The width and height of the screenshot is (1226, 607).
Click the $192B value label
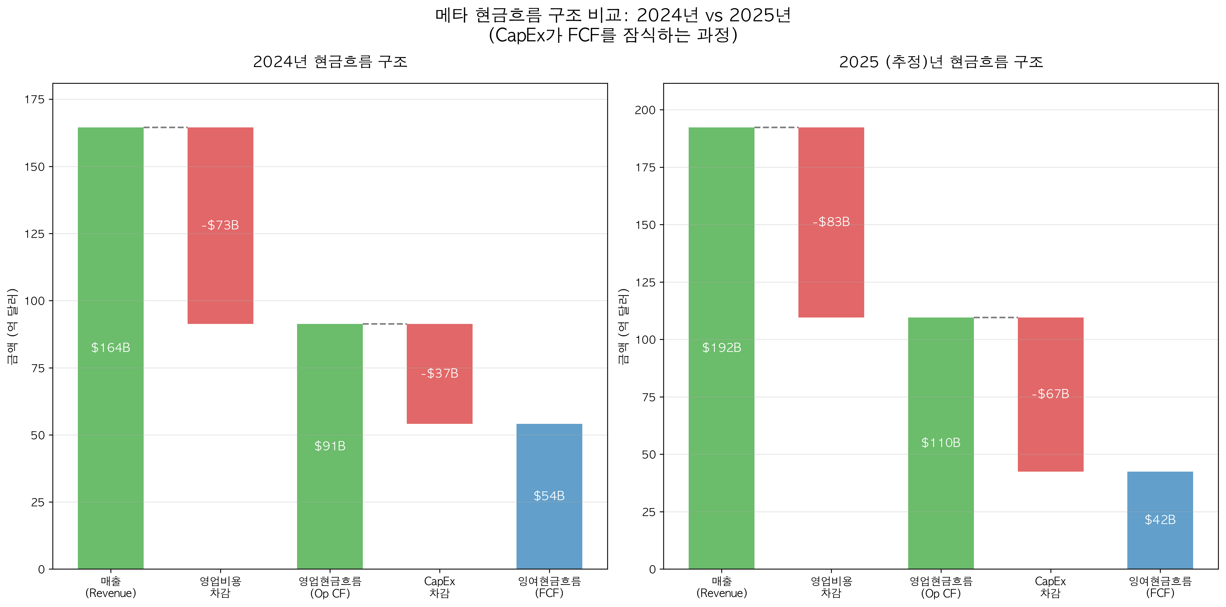coord(722,348)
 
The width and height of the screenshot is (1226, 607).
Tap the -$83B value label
coord(831,222)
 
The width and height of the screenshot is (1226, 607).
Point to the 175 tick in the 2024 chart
coord(34,99)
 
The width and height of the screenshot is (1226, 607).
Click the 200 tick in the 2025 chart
coord(645,110)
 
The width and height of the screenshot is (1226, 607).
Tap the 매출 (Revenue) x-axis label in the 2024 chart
coord(110,587)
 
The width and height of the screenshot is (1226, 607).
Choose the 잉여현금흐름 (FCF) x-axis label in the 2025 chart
coord(1160,587)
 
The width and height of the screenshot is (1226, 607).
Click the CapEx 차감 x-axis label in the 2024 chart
coord(439,587)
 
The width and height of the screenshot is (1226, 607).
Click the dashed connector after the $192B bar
coord(776,127)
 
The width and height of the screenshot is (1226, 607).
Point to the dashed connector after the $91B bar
coord(384,324)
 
